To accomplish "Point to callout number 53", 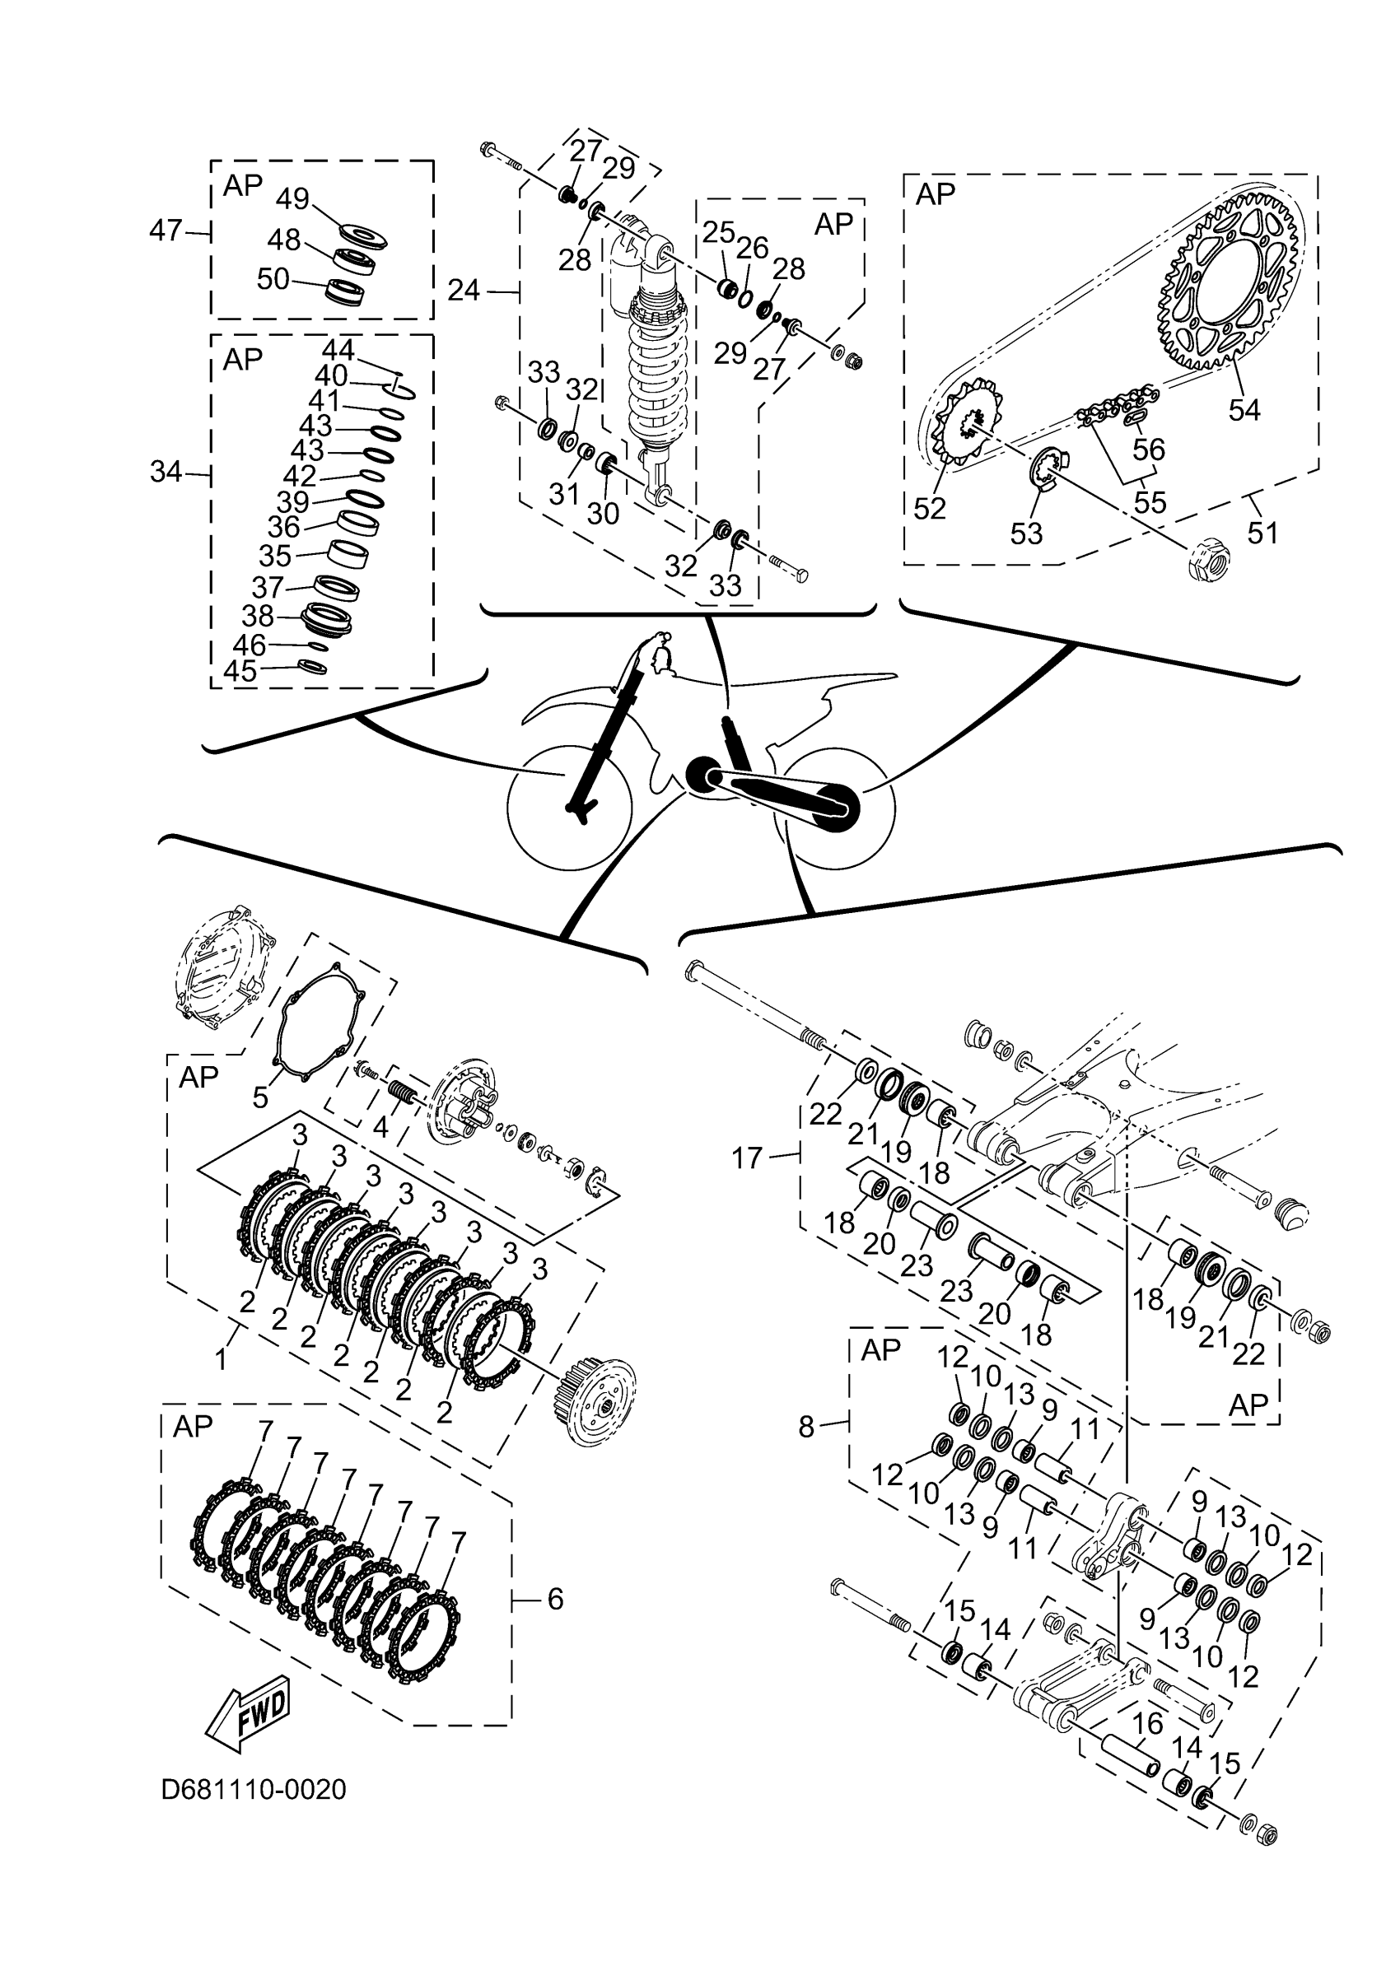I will click(x=1025, y=533).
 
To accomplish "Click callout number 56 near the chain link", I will click(x=1148, y=450).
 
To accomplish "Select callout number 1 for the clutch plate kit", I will click(x=221, y=1360).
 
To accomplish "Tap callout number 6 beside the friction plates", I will click(x=555, y=1600).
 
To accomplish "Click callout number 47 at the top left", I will click(x=166, y=231).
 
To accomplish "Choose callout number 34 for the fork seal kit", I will click(x=166, y=472).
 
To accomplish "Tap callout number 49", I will click(x=292, y=198).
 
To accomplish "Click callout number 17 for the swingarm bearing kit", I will click(x=747, y=1158).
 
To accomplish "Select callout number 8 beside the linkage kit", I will click(x=805, y=1428).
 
